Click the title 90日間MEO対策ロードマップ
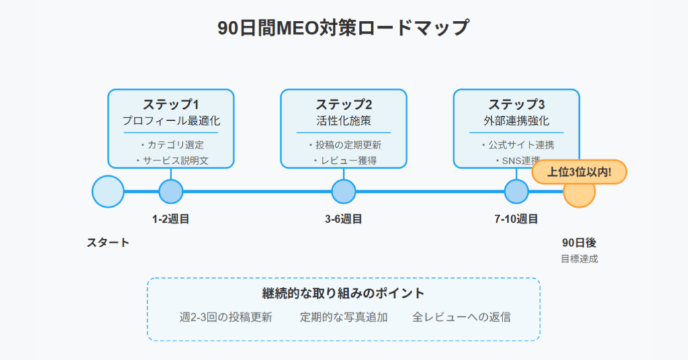click(343, 28)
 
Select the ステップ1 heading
click(171, 104)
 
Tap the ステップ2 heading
click(343, 104)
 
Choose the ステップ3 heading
click(517, 104)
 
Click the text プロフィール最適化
click(171, 121)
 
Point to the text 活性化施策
click(343, 121)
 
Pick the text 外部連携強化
click(517, 121)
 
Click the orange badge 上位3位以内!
click(579, 172)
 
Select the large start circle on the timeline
click(108, 191)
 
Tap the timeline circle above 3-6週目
click(343, 191)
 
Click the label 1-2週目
click(171, 219)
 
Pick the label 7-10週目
click(517, 219)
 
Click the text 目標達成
click(579, 259)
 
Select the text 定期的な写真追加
click(343, 317)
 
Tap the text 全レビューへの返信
click(461, 317)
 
